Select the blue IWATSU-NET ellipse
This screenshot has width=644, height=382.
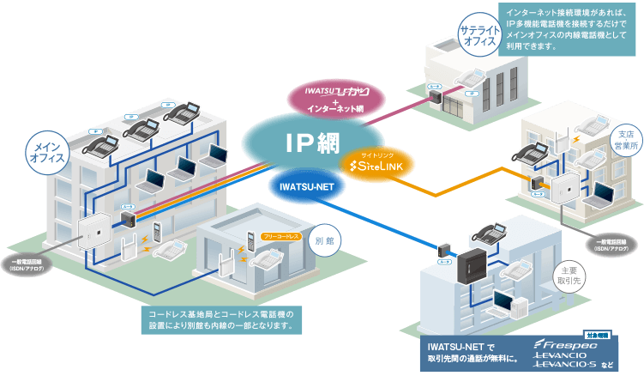coord(308,183)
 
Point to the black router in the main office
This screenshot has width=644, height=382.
coord(129,218)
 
